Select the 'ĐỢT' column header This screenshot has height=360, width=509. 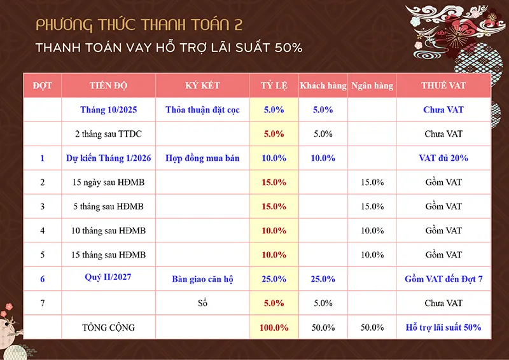42,85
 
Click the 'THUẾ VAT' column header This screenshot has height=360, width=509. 443,85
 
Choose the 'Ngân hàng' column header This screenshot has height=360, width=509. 372,85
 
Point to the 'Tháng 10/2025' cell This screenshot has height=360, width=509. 108,109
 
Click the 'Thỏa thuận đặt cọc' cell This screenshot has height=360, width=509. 202,109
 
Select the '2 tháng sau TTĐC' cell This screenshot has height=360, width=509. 108,134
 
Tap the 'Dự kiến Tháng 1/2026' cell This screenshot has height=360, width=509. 108,158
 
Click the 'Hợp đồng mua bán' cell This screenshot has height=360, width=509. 202,158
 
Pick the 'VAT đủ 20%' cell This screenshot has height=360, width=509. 443,158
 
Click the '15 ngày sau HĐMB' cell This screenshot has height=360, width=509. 108,182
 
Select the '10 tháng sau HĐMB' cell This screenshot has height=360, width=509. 108,230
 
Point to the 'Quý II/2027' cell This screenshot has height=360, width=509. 108,278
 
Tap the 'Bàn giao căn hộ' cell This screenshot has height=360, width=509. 202,279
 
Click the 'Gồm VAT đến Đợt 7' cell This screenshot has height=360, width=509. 443,279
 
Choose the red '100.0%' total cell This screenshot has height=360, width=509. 274,328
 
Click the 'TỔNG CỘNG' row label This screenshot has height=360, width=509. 108,328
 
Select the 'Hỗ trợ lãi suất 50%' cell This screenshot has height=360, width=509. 443,328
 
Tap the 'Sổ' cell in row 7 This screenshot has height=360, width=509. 203,303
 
